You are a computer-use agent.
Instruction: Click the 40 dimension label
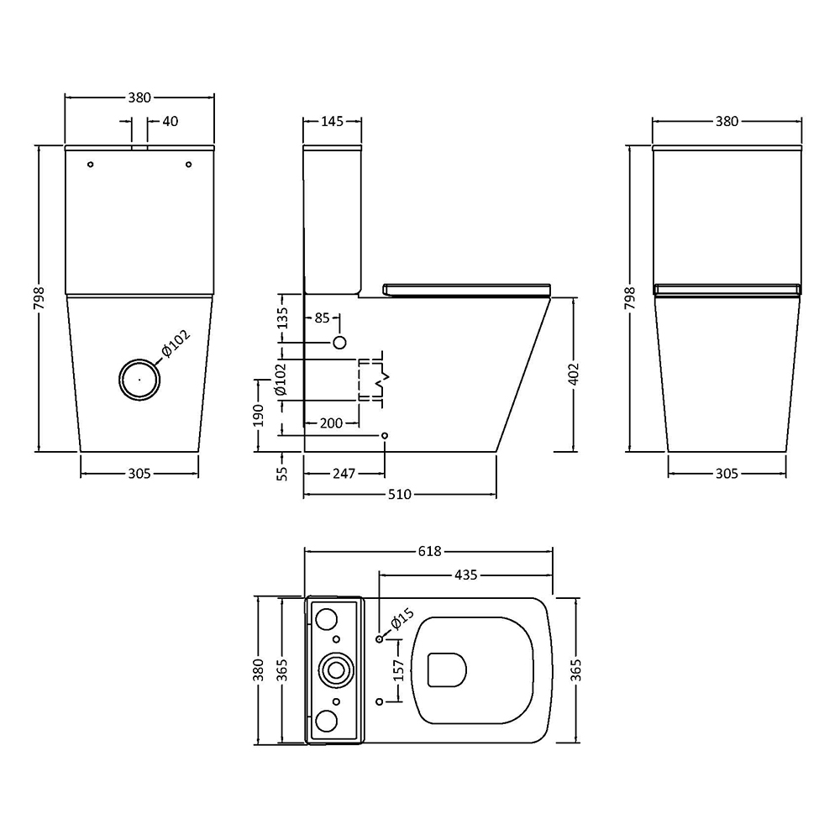(171, 122)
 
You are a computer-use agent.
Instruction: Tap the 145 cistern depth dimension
(332, 122)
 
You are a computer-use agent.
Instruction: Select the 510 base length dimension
(400, 495)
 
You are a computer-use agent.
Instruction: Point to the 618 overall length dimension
(429, 551)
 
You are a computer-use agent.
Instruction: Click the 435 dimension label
(465, 575)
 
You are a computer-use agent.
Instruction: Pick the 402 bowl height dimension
(573, 374)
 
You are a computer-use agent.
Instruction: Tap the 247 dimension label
(344, 474)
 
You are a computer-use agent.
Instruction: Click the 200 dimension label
(331, 423)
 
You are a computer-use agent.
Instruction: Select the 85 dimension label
(322, 318)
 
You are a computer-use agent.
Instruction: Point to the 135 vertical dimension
(282, 318)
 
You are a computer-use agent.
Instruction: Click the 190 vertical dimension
(259, 415)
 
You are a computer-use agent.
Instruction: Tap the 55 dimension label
(282, 474)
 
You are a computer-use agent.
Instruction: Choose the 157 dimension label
(399, 670)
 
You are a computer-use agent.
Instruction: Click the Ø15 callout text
(402, 619)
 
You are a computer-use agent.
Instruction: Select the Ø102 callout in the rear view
(176, 344)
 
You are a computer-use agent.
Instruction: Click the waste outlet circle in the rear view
(139, 380)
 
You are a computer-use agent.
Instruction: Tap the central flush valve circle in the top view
(336, 669)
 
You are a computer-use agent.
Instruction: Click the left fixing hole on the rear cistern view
(91, 165)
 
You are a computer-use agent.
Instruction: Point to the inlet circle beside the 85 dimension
(339, 343)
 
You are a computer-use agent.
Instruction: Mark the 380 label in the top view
(259, 670)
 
